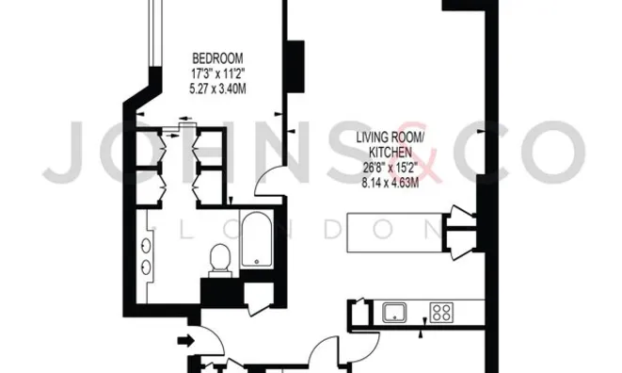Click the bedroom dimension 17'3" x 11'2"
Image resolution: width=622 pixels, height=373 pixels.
click(x=216, y=72)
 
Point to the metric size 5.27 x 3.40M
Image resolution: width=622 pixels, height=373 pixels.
click(x=216, y=89)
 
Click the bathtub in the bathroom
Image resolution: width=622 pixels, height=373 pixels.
click(x=256, y=242)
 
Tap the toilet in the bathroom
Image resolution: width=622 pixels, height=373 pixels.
click(x=219, y=258)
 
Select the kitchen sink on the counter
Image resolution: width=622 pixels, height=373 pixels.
click(x=393, y=310)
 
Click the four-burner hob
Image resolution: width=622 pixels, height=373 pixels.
click(x=440, y=310)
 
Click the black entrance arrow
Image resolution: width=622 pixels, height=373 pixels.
click(x=187, y=339)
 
